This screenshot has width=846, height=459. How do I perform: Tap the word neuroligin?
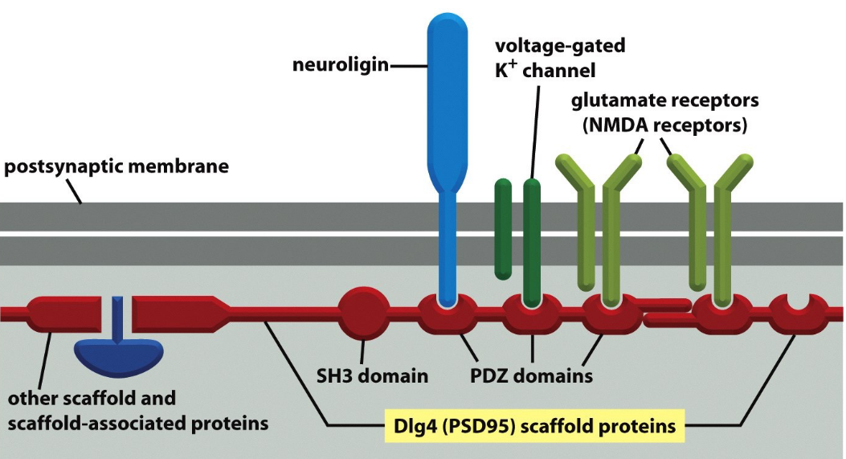(x=340, y=64)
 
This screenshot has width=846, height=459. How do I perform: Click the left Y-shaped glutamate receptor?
(x=603, y=217)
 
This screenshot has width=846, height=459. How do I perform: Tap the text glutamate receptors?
(x=664, y=102)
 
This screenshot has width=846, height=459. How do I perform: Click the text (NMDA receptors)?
(x=664, y=126)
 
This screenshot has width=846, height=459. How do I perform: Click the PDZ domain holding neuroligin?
(x=448, y=318)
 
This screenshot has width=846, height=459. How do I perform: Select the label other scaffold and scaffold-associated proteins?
(x=133, y=410)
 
